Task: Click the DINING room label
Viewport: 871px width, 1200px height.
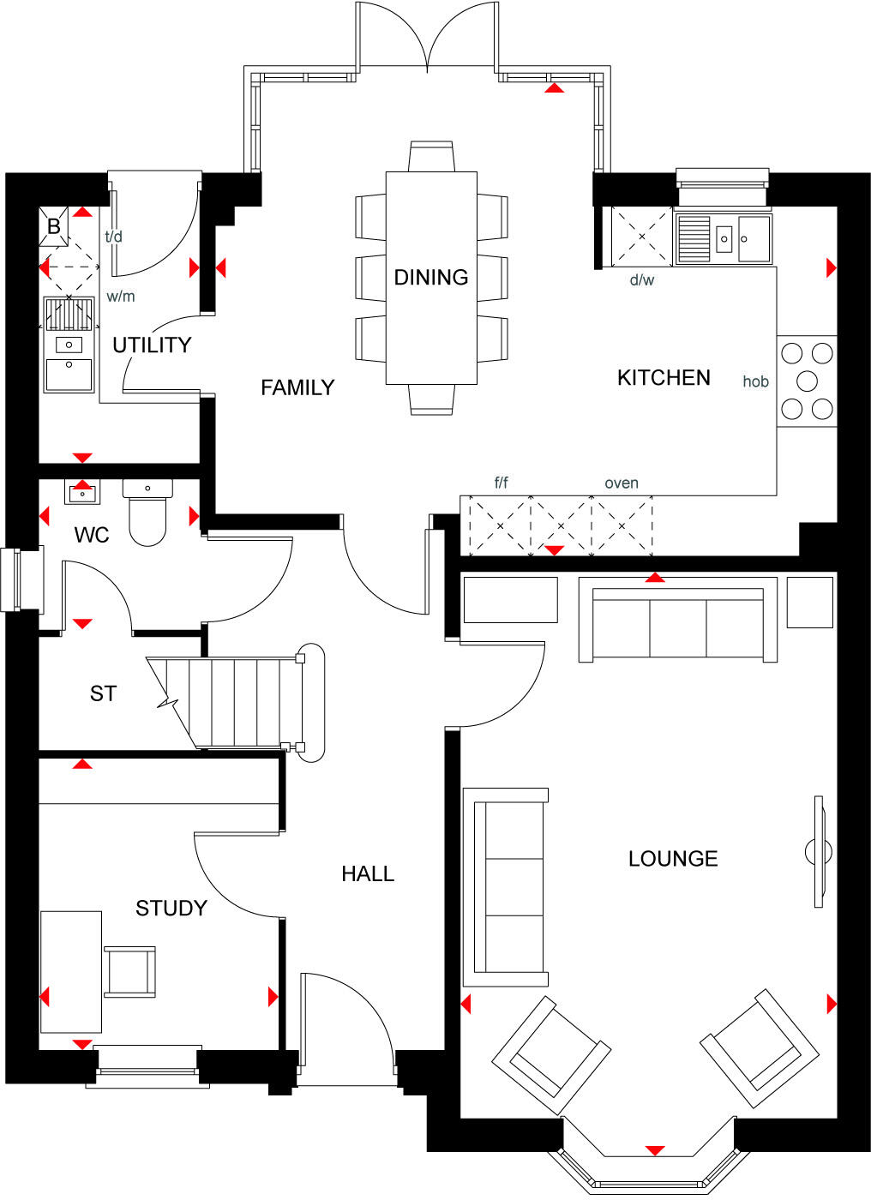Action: [x=430, y=278]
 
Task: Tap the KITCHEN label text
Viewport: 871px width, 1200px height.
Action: [x=664, y=378]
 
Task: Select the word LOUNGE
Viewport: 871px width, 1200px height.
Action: [x=673, y=859]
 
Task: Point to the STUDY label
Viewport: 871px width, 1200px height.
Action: [x=171, y=909]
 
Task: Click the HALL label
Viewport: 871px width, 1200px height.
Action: [x=368, y=874]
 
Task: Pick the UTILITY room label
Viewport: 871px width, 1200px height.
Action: [x=152, y=345]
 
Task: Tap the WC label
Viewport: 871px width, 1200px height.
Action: [x=92, y=536]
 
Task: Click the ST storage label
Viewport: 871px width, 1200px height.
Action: [x=103, y=693]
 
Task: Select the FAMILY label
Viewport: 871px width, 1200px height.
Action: [x=297, y=388]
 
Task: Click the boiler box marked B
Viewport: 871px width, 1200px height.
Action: [x=54, y=226]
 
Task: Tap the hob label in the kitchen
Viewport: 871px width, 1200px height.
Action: [x=755, y=382]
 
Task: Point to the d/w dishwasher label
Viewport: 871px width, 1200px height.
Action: [x=642, y=280]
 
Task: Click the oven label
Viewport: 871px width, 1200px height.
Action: [x=622, y=483]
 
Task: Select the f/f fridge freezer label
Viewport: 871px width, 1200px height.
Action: [x=502, y=483]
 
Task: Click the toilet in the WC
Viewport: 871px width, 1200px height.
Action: [x=147, y=514]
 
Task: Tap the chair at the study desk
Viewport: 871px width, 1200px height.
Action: [x=130, y=972]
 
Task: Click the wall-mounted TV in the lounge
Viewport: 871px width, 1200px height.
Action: [x=819, y=851]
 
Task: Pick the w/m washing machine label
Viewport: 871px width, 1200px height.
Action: [x=121, y=297]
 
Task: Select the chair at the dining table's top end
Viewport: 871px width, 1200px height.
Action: [x=431, y=157]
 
